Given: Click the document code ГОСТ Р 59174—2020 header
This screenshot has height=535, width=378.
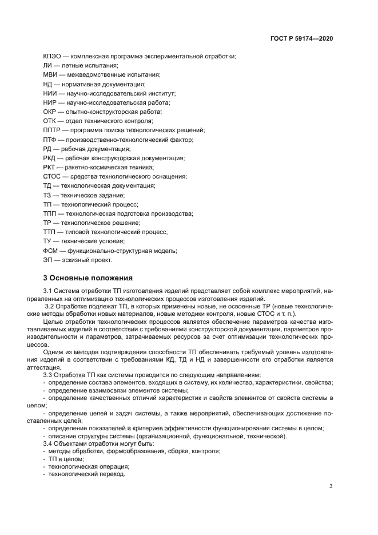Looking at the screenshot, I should (x=301, y=38).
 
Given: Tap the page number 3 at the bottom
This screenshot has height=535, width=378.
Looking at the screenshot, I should (x=331, y=486).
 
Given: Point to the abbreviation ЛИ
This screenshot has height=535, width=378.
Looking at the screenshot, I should (x=47, y=65).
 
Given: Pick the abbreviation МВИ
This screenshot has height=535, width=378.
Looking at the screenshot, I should (x=50, y=74).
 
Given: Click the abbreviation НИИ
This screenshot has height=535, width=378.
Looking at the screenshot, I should (x=50, y=93).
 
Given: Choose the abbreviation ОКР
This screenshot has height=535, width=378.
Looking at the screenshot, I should (x=50, y=112).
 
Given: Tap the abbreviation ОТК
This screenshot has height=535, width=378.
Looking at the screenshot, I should (x=50, y=121).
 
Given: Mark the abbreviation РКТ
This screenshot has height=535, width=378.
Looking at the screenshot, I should (x=50, y=167).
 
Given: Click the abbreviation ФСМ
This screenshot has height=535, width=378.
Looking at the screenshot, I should (x=50, y=250).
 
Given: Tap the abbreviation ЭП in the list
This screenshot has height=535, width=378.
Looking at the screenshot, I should (x=48, y=259).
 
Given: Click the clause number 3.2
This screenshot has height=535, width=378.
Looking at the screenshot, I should (x=50, y=307).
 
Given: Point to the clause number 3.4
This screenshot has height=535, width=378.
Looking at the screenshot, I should (x=49, y=443).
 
